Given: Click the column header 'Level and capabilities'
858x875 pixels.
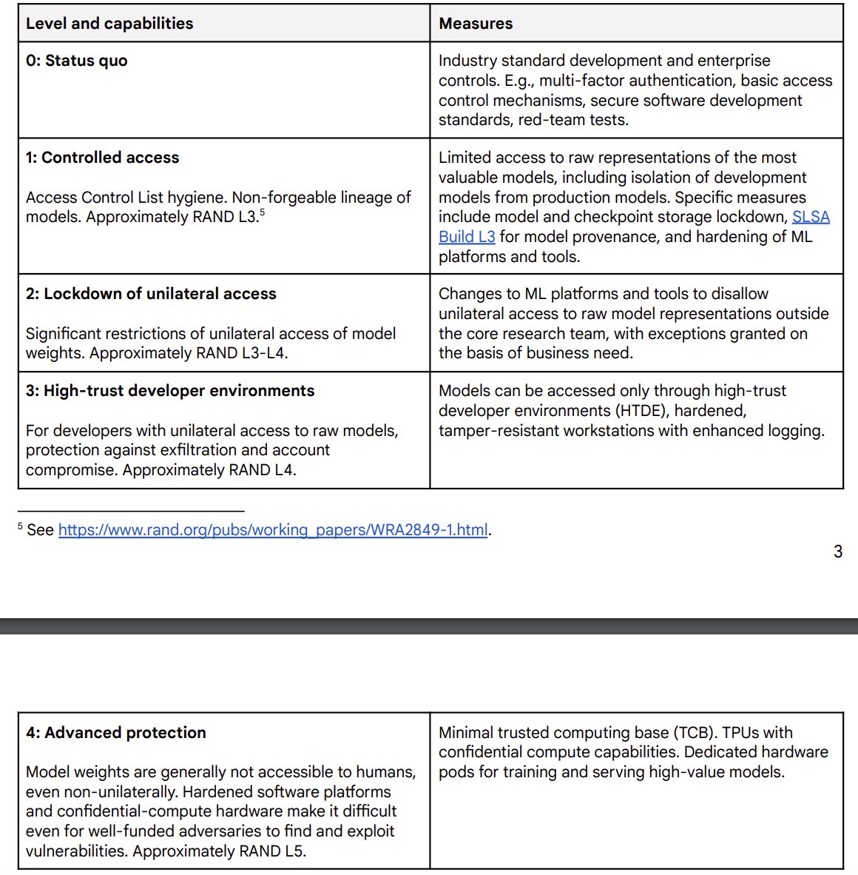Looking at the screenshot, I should (x=109, y=23).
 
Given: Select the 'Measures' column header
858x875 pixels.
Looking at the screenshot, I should (x=476, y=23).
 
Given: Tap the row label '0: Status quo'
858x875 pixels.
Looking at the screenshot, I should (x=76, y=61).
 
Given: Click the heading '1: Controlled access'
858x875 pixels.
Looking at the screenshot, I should (x=102, y=158).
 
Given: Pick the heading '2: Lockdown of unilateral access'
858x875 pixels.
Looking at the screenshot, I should (x=151, y=294).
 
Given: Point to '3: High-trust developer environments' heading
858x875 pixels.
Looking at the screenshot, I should (x=170, y=391).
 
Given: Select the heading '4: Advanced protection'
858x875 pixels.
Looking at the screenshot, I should (x=116, y=733).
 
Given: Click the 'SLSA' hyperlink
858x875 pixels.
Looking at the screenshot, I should (x=811, y=217).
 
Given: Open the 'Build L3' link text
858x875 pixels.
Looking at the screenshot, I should (x=467, y=237).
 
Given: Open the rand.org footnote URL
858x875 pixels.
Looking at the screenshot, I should (x=273, y=530).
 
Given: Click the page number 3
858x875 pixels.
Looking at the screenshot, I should (x=837, y=552).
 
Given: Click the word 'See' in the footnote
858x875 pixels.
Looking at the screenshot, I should (x=41, y=530).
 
